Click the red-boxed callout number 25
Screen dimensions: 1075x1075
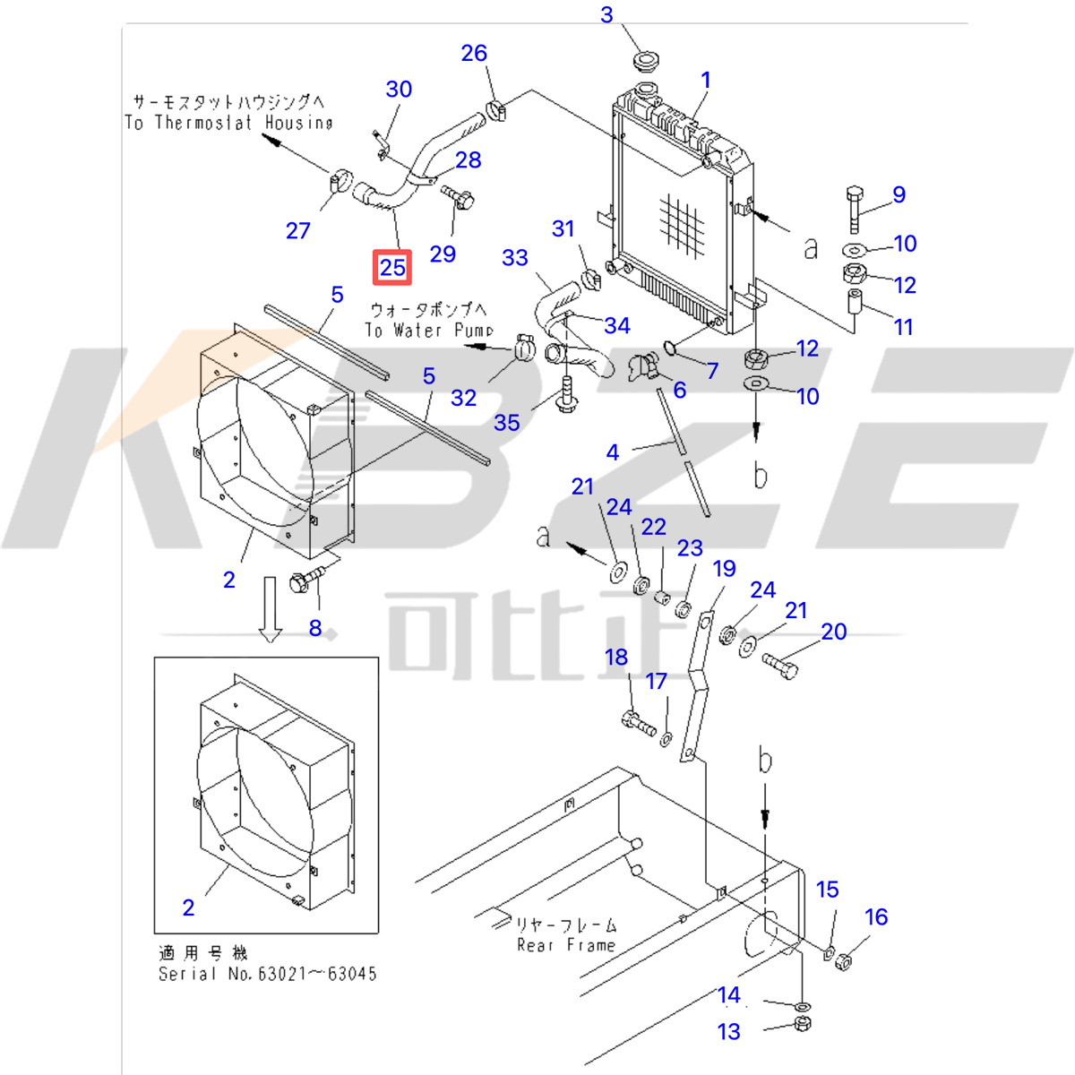(x=392, y=267)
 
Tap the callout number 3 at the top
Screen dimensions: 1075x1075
(x=606, y=15)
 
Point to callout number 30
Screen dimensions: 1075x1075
(x=399, y=89)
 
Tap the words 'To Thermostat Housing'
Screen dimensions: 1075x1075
(x=228, y=123)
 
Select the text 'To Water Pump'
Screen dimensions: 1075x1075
(x=429, y=330)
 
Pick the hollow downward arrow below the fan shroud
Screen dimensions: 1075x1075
(x=270, y=610)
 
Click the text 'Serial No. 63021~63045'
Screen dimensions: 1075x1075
(x=267, y=973)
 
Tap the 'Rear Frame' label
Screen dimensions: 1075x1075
(x=566, y=945)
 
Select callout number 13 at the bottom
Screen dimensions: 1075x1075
(x=729, y=1032)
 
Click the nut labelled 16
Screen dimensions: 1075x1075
(x=843, y=961)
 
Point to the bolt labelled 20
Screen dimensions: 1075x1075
(x=778, y=666)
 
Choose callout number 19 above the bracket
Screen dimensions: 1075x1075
(x=724, y=568)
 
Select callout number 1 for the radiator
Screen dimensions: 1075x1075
(x=705, y=80)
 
